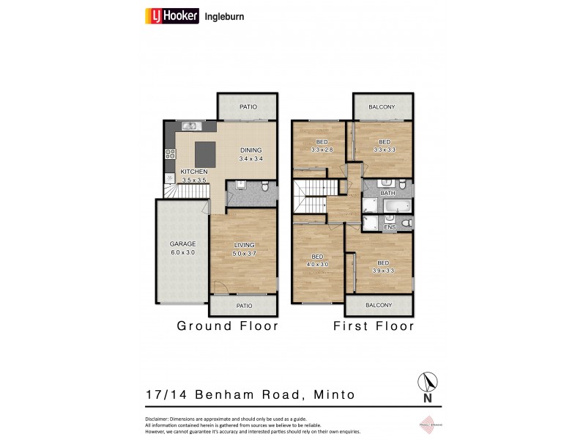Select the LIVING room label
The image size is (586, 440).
click(x=244, y=245)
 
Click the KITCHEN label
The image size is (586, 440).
click(x=194, y=172)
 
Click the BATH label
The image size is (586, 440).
click(x=388, y=193)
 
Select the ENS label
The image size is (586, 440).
click(x=390, y=228)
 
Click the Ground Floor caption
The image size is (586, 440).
click(x=228, y=326)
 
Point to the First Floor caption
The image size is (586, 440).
click(x=374, y=326)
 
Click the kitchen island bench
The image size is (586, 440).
click(x=206, y=153)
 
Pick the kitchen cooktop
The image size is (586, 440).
click(x=170, y=154)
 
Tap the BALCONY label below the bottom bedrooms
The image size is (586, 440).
click(x=379, y=305)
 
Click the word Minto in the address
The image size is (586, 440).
click(x=333, y=395)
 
